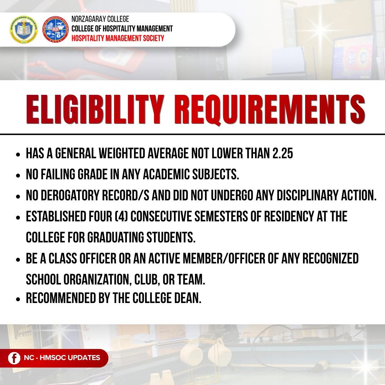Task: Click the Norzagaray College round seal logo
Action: pos(24,30)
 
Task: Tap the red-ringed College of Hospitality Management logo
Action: pos(56,30)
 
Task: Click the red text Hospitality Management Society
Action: pos(118,38)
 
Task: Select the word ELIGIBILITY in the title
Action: pos(95,109)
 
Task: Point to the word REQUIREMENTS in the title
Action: pos(270,110)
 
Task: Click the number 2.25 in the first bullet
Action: pos(283,153)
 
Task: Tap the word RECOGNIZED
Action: pos(330,258)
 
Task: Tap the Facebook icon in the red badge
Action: pos(14,358)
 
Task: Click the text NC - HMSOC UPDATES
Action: pos(62,358)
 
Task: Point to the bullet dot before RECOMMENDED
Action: pos(18,299)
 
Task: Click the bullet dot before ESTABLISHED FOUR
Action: pos(18,217)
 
